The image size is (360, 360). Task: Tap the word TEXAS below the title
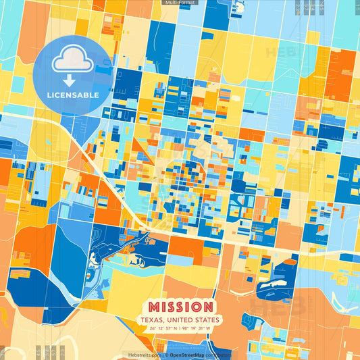[151, 319]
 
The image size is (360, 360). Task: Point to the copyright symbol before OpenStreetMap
[166, 355]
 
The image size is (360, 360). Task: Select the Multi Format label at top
[180, 3]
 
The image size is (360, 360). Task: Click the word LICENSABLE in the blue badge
[72, 95]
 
